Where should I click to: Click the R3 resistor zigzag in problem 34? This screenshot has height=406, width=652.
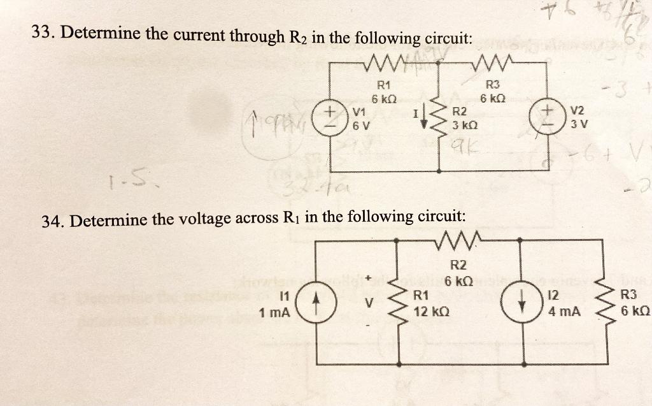point(603,303)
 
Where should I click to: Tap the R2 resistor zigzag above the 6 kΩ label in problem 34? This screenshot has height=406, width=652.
point(458,241)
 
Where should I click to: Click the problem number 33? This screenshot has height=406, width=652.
point(41,33)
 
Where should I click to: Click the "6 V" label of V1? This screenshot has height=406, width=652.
point(360,124)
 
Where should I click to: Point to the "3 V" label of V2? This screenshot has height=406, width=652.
point(576,124)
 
